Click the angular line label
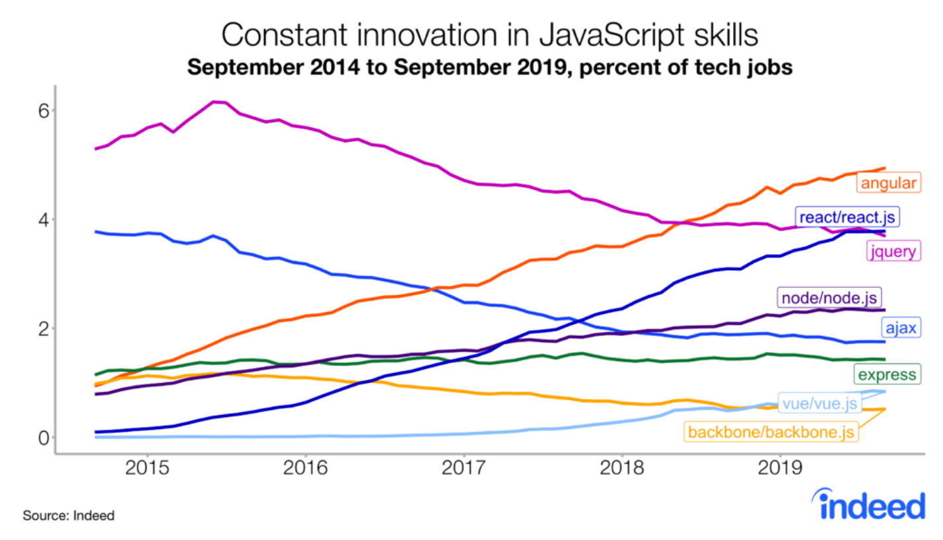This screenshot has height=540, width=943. [x=888, y=183]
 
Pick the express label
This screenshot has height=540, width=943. [x=886, y=375]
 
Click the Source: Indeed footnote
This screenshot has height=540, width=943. [x=69, y=516]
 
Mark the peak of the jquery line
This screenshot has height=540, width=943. [x=215, y=102]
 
